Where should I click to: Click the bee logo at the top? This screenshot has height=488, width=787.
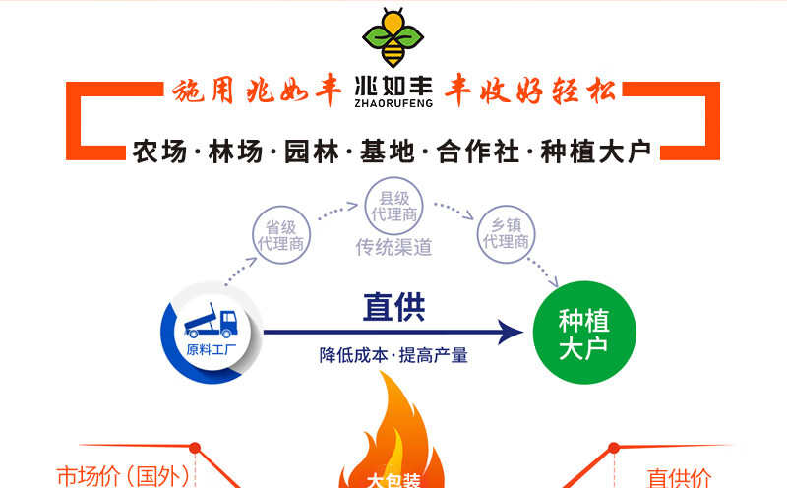[x=393, y=36]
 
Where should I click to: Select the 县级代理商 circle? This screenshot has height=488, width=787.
[x=393, y=205]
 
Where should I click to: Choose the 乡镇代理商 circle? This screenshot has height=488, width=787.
[x=505, y=232]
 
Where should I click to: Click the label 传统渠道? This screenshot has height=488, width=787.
[x=393, y=247]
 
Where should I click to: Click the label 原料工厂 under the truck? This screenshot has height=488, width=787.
[x=211, y=349]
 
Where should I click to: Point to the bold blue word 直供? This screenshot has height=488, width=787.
[x=393, y=308]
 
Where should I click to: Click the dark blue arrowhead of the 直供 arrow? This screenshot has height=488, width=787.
[x=508, y=332]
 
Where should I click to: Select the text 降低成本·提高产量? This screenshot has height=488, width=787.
[x=393, y=355]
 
